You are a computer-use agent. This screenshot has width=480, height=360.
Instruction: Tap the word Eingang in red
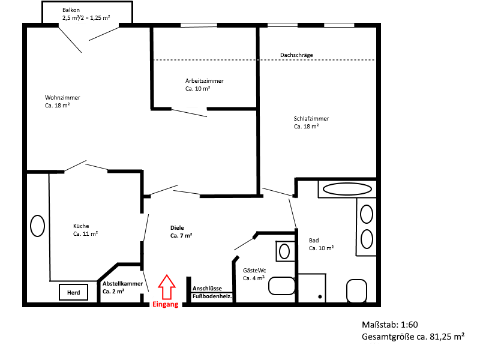click(x=165, y=305)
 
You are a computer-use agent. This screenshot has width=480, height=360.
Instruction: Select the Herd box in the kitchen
click(x=73, y=292)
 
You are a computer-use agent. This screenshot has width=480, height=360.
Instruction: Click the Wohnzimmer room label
click(x=62, y=101)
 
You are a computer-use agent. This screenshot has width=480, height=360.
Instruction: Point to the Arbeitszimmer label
click(x=204, y=84)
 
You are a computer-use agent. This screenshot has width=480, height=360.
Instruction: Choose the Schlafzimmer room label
click(x=311, y=122)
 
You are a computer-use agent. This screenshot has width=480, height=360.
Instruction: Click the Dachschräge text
click(x=296, y=55)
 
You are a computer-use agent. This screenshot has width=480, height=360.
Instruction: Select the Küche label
click(x=85, y=230)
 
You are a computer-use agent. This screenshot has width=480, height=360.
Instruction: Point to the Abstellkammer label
click(x=122, y=287)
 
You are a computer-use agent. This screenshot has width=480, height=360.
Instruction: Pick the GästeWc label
click(x=255, y=274)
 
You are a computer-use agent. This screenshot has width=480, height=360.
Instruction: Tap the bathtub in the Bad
click(x=347, y=189)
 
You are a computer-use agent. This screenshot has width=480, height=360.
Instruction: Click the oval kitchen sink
click(x=37, y=226)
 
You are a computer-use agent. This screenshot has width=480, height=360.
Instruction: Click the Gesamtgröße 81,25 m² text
click(x=413, y=337)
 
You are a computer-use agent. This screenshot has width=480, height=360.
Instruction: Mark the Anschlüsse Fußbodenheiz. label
click(x=212, y=292)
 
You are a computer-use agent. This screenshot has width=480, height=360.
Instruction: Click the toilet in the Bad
click(x=356, y=290)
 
